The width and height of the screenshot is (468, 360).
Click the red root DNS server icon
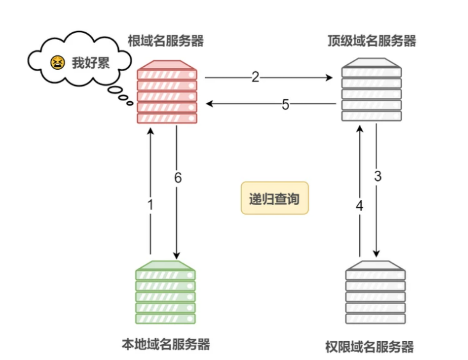pyautogui.click(x=167, y=92)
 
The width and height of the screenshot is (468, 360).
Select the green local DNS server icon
pyautogui.click(x=166, y=292)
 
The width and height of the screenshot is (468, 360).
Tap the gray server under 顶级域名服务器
pyautogui.click(x=371, y=90)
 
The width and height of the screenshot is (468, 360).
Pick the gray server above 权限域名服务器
pyautogui.click(x=375, y=292)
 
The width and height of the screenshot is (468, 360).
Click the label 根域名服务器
pyautogui.click(x=166, y=41)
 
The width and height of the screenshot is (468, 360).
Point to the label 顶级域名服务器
pyautogui.click(x=372, y=41)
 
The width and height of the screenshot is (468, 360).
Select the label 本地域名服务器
pyautogui.click(x=166, y=344)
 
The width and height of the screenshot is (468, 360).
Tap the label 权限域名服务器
pyautogui.click(x=369, y=347)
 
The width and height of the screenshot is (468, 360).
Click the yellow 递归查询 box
pyautogui.click(x=275, y=198)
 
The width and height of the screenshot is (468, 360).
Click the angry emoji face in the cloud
pyautogui.click(x=57, y=63)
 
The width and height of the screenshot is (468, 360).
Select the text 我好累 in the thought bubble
pyautogui.click(x=90, y=63)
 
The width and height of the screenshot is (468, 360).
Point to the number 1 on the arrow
pyautogui.click(x=151, y=205)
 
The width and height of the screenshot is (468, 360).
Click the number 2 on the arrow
pyautogui.click(x=255, y=77)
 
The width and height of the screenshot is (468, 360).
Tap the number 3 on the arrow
pyautogui.click(x=378, y=176)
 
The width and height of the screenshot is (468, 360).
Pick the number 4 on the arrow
pyautogui.click(x=359, y=206)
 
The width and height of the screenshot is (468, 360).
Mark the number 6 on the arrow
pyautogui.click(x=178, y=177)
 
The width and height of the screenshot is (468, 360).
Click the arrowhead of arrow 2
pyautogui.click(x=329, y=78)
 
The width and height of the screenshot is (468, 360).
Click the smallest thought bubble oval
pyautogui.click(x=130, y=103)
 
